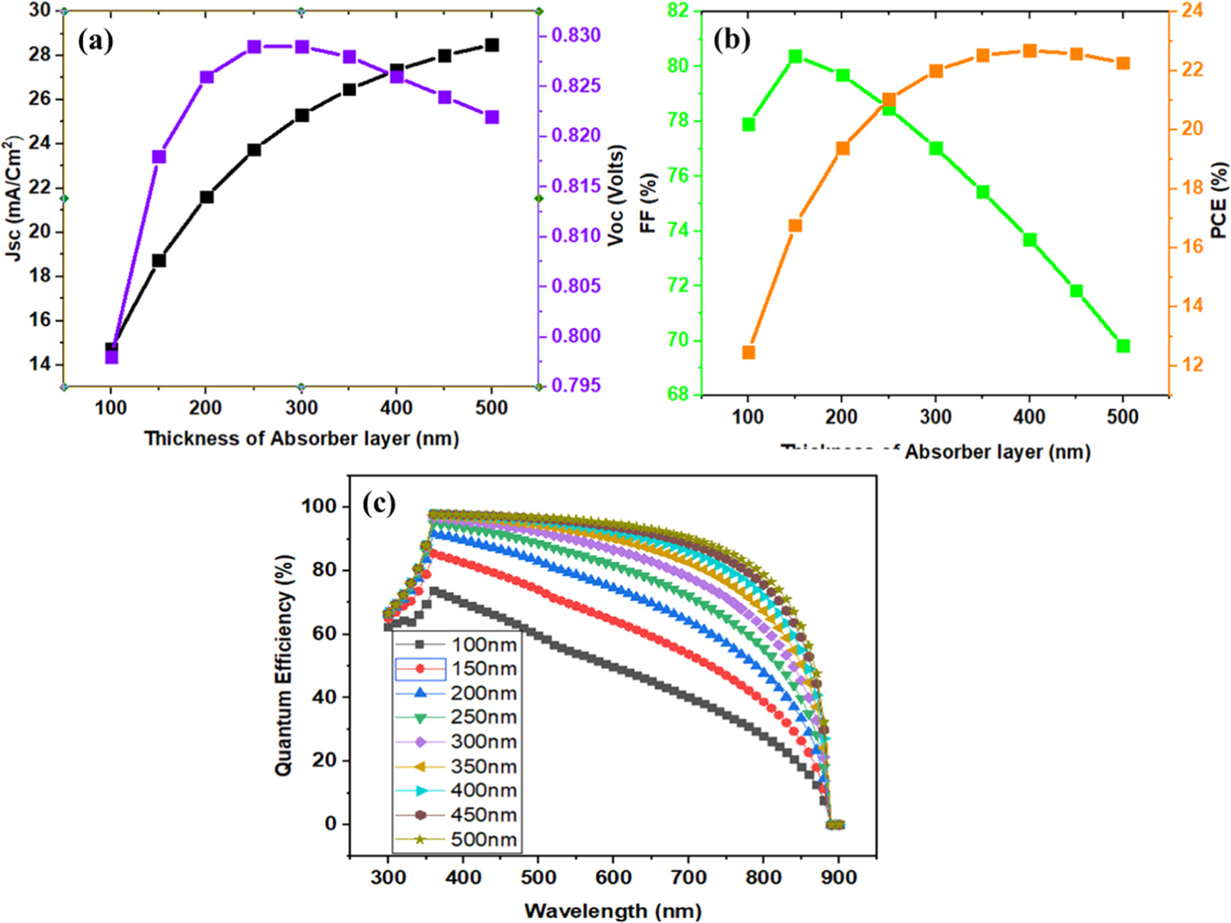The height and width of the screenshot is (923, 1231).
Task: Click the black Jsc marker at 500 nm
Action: coord(492,44)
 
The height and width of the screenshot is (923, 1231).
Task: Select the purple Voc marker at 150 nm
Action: coord(159,156)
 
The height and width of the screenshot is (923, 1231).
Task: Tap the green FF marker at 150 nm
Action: coord(795,56)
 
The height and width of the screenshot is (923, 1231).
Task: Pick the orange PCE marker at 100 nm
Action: coord(748,352)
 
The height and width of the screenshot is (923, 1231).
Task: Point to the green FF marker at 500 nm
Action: coord(1123,346)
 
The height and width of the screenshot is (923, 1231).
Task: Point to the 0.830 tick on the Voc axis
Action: coord(576,35)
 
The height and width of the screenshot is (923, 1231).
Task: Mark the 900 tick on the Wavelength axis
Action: coord(838,877)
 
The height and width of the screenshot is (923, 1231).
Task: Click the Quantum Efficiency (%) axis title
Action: coord(284,665)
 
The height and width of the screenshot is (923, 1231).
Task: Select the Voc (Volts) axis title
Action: coord(617,195)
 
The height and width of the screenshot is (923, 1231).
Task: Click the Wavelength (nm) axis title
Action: coord(612,911)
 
